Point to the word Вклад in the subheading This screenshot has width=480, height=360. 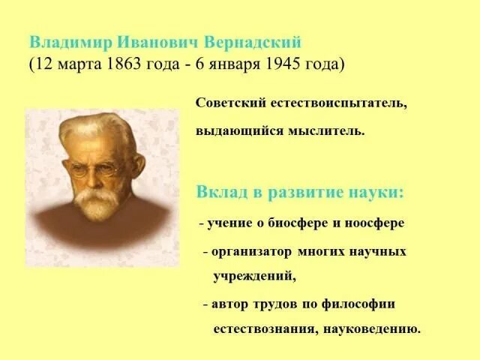[218, 191]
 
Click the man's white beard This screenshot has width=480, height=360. [97, 201]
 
